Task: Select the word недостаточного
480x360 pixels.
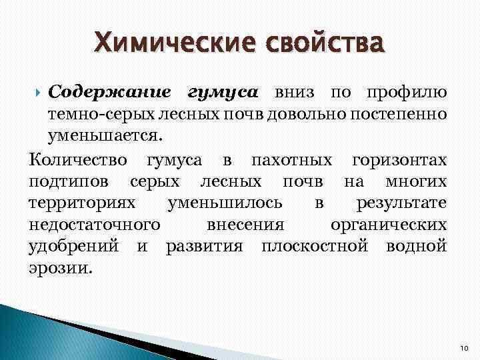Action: tap(94, 225)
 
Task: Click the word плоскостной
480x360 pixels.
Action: tap(315, 247)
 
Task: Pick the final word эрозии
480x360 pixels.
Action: tap(61, 269)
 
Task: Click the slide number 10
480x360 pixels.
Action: tap(464, 349)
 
